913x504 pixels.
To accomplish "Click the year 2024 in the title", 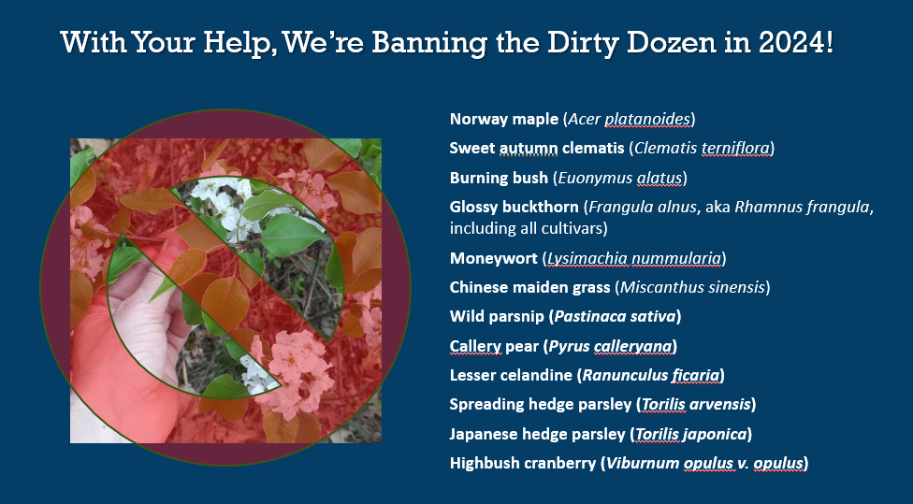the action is click(791, 42).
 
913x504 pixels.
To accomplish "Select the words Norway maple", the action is click(503, 120).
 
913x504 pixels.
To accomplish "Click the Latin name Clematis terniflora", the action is click(702, 149).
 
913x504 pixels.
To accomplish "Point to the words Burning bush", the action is click(499, 178).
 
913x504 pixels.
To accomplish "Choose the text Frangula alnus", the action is click(643, 207).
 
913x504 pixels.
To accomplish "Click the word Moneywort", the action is click(493, 258).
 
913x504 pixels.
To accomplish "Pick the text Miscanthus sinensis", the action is click(692, 287).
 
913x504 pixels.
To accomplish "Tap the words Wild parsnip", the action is click(497, 317).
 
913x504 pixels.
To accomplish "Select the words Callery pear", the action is click(494, 346).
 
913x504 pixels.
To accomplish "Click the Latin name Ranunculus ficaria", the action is click(650, 375).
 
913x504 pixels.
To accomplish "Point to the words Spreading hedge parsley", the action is click(540, 405).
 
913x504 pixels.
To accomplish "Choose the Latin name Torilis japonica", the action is click(690, 434).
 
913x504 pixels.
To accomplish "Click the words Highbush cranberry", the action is click(523, 463).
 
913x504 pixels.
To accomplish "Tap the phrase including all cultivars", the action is click(529, 228).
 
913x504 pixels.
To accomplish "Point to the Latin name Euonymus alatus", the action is click(620, 178).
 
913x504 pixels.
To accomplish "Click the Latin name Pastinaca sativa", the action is click(615, 317).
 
